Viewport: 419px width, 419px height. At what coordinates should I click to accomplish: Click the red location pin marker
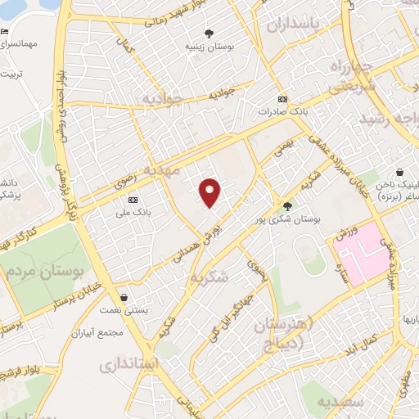(210, 191)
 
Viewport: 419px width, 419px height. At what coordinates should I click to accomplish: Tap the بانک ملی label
(133, 210)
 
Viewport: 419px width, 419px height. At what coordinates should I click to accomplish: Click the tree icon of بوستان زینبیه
(210, 34)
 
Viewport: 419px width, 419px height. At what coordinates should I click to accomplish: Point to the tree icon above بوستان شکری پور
(286, 206)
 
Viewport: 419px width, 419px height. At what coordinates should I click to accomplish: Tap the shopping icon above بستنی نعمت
(123, 297)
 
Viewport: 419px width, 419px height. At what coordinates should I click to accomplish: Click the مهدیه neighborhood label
(160, 169)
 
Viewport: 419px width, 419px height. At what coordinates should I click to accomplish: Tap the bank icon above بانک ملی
(133, 200)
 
